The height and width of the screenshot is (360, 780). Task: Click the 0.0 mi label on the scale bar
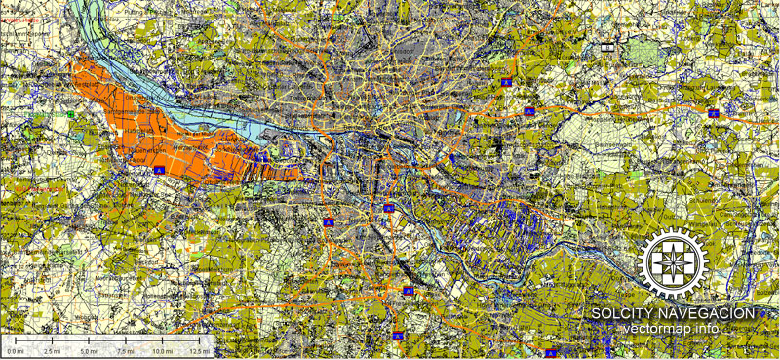click(16, 350)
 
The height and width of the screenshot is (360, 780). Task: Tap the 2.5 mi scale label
click(52, 350)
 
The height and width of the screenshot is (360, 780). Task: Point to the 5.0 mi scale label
click(88, 350)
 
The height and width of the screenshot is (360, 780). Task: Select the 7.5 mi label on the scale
click(125, 350)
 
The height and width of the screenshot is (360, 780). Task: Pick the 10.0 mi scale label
click(161, 350)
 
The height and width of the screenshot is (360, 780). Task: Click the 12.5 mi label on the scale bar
click(198, 350)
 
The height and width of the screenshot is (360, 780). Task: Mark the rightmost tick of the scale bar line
click(198, 341)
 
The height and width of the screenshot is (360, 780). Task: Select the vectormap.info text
click(673, 328)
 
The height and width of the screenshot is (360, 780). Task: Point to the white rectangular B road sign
click(608, 47)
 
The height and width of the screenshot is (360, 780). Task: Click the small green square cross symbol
click(70, 114)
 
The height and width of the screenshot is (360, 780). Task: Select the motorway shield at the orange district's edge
click(156, 168)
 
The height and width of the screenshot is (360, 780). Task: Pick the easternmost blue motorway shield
click(713, 113)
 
